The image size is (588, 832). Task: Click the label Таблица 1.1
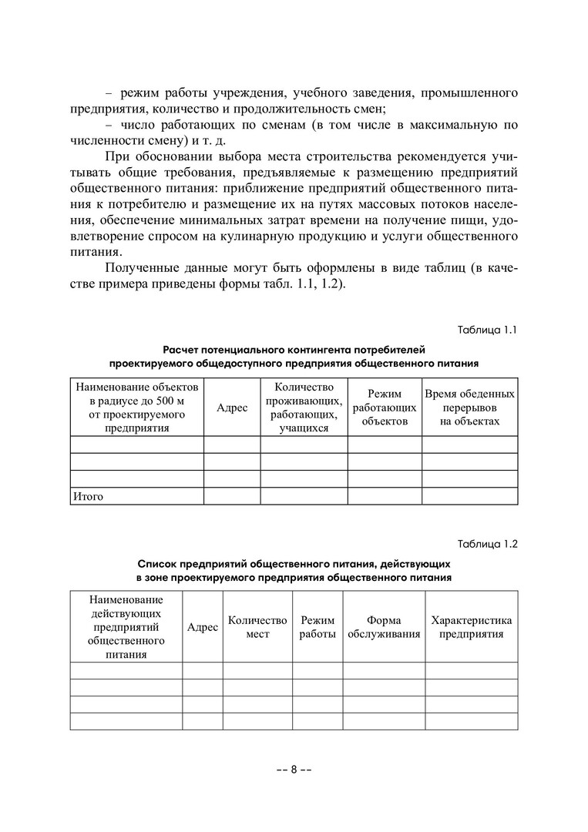(487, 330)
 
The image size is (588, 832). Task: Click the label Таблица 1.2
(487, 543)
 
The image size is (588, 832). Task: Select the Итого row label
(87, 497)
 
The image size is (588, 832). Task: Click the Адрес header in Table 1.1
(232, 408)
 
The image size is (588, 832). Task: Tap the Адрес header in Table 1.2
(203, 627)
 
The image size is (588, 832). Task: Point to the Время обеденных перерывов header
(470, 408)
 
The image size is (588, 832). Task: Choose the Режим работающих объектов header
(385, 408)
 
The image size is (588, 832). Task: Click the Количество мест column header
(257, 627)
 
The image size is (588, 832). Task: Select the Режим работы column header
(318, 627)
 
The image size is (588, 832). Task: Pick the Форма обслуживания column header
(384, 627)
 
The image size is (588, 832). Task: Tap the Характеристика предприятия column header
(471, 627)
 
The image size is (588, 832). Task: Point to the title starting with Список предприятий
(294, 569)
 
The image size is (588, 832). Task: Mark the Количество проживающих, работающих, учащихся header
(304, 408)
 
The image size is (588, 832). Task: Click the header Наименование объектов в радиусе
(137, 408)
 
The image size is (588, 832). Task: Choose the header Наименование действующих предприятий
(126, 627)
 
